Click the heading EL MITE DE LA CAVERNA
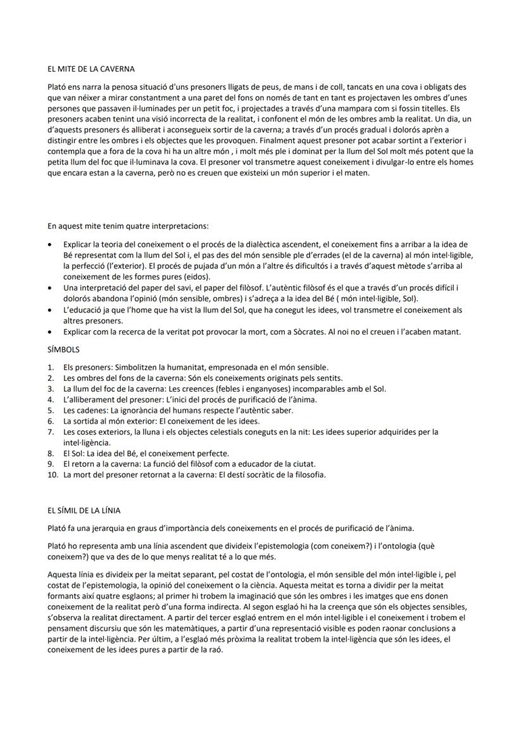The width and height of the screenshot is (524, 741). [90, 68]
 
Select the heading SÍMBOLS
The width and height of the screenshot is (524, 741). [64, 349]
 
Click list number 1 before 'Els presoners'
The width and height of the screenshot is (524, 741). [51, 367]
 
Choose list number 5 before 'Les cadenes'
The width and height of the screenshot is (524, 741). [51, 410]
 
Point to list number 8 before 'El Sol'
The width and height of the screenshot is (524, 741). [51, 453]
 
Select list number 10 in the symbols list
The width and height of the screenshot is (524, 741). [53, 475]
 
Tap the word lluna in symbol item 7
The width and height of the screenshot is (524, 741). [136, 432]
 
